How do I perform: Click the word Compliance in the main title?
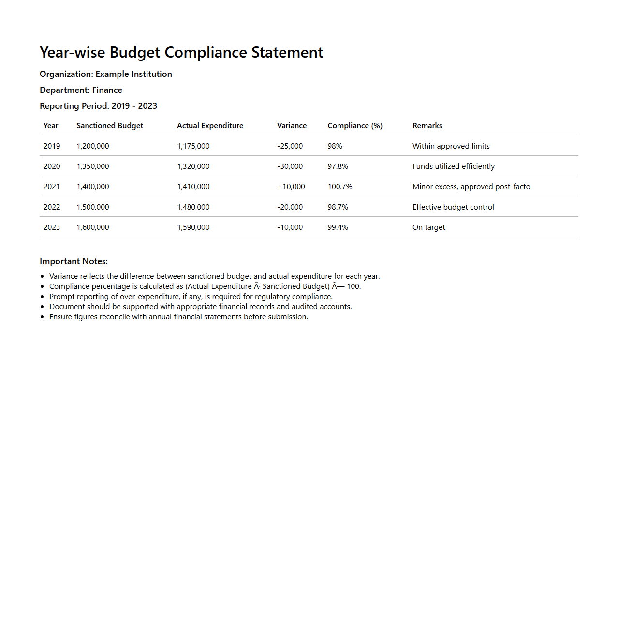point(206,52)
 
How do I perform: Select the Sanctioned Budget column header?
point(110,126)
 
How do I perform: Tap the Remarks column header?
point(427,126)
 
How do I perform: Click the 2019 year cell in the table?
point(52,146)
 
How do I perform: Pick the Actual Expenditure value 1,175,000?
point(193,146)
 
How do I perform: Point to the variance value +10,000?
point(291,187)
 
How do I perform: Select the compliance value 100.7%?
point(340,187)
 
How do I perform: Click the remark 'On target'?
point(428,227)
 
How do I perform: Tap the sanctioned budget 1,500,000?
point(93,207)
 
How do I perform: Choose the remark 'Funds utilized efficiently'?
point(453,166)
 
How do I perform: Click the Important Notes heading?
point(74,261)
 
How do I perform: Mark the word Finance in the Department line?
point(107,90)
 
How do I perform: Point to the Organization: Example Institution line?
point(106,74)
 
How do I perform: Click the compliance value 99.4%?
point(338,227)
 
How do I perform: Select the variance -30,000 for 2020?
point(290,166)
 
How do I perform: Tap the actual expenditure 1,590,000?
point(193,227)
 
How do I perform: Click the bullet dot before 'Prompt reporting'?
point(43,297)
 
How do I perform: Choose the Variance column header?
point(292,126)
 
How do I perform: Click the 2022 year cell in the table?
point(52,207)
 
